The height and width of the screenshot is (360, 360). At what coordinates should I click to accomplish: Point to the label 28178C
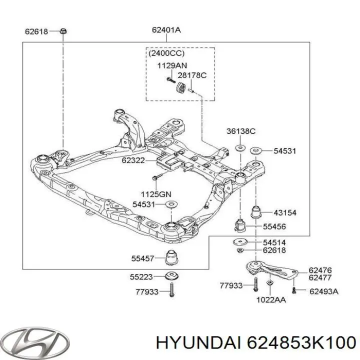(x=192, y=75)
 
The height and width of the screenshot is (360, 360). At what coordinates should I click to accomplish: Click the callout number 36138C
(x=240, y=131)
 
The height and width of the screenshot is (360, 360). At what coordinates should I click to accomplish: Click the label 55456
(x=274, y=226)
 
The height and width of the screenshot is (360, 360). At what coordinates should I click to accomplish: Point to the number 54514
(x=275, y=242)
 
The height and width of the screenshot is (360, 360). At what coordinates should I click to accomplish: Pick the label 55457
(x=142, y=258)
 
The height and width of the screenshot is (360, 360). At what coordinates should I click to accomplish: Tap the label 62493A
(x=323, y=290)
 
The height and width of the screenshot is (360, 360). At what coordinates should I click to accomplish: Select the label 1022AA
(x=270, y=300)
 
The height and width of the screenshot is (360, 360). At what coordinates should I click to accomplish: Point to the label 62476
(x=320, y=270)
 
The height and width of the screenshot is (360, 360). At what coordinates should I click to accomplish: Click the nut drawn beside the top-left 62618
(x=63, y=31)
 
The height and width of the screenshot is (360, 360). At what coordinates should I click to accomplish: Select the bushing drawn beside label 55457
(x=171, y=257)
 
